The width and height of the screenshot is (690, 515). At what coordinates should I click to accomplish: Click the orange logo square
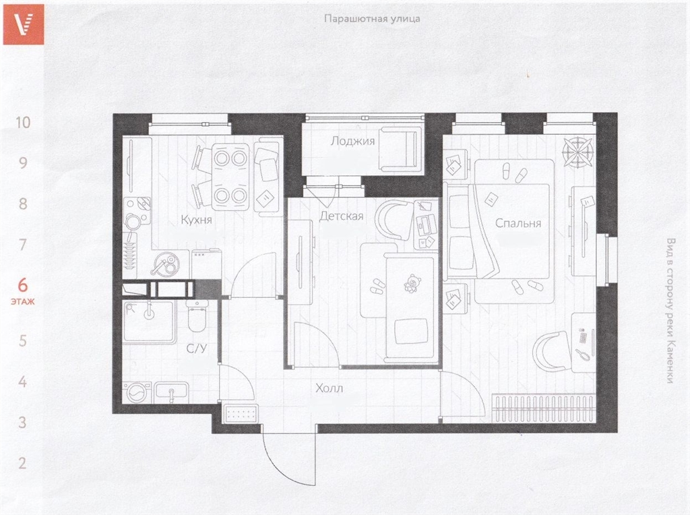tap(24, 24)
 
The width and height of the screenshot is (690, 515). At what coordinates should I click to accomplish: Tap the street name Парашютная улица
tap(372, 18)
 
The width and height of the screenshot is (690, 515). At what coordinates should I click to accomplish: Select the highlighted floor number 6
tap(23, 285)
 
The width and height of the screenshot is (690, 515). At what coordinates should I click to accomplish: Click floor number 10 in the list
tap(23, 123)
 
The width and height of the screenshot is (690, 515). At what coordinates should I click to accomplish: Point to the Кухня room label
tap(196, 220)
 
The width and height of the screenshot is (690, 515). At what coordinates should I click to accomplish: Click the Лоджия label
tap(352, 141)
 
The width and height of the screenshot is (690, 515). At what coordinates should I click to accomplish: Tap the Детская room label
tap(342, 216)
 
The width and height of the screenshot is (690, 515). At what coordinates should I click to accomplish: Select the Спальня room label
tap(518, 223)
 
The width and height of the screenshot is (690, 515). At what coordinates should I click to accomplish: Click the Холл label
tap(329, 388)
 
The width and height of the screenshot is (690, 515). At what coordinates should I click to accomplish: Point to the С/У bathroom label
tap(196, 349)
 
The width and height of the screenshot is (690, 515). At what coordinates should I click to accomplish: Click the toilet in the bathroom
tap(197, 315)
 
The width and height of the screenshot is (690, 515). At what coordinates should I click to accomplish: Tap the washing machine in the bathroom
tap(137, 392)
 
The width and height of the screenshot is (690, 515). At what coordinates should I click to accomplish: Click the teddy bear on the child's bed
tap(412, 284)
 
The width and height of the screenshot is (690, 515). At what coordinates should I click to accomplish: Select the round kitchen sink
tap(166, 264)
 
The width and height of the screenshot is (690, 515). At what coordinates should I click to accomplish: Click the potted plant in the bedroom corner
tap(577, 152)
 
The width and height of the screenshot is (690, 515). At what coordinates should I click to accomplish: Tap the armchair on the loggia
tap(399, 149)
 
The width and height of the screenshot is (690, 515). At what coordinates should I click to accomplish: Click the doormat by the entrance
tap(241, 414)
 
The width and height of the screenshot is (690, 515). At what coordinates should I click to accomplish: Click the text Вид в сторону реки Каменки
tap(670, 311)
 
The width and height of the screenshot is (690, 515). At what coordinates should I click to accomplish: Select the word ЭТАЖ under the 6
tap(23, 302)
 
